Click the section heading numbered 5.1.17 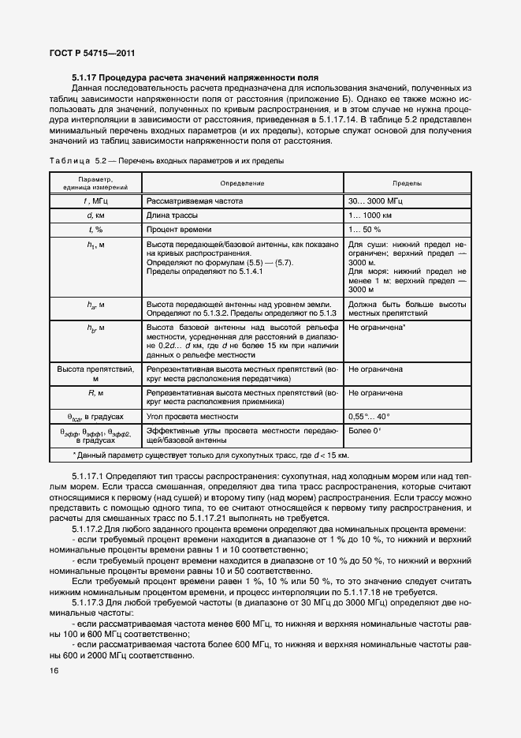pyautogui.click(x=195, y=78)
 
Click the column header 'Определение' pyautogui.click(x=242, y=182)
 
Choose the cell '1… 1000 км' pyautogui.click(x=370, y=215)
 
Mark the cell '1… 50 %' pyautogui.click(x=364, y=229)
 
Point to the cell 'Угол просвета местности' pyautogui.click(x=192, y=416)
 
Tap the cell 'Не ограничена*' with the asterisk pyautogui.click(x=377, y=326)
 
